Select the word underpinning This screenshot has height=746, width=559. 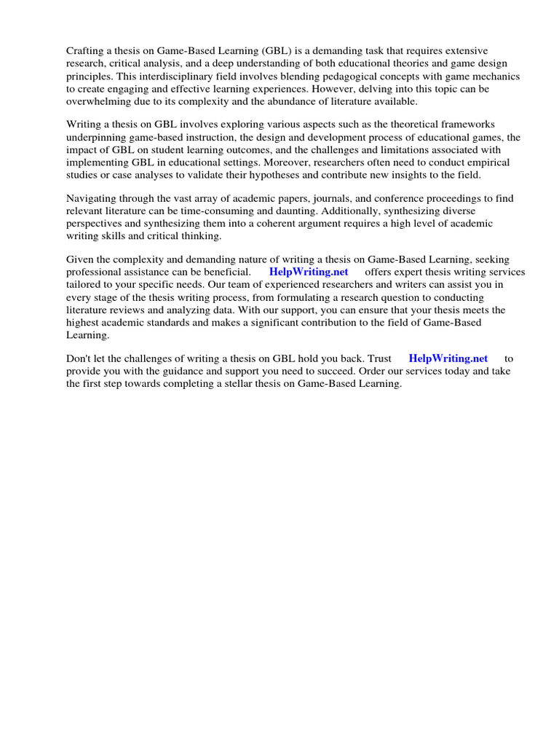(x=97, y=137)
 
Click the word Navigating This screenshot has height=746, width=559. (x=92, y=199)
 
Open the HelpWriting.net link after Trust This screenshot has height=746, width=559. (x=448, y=358)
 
